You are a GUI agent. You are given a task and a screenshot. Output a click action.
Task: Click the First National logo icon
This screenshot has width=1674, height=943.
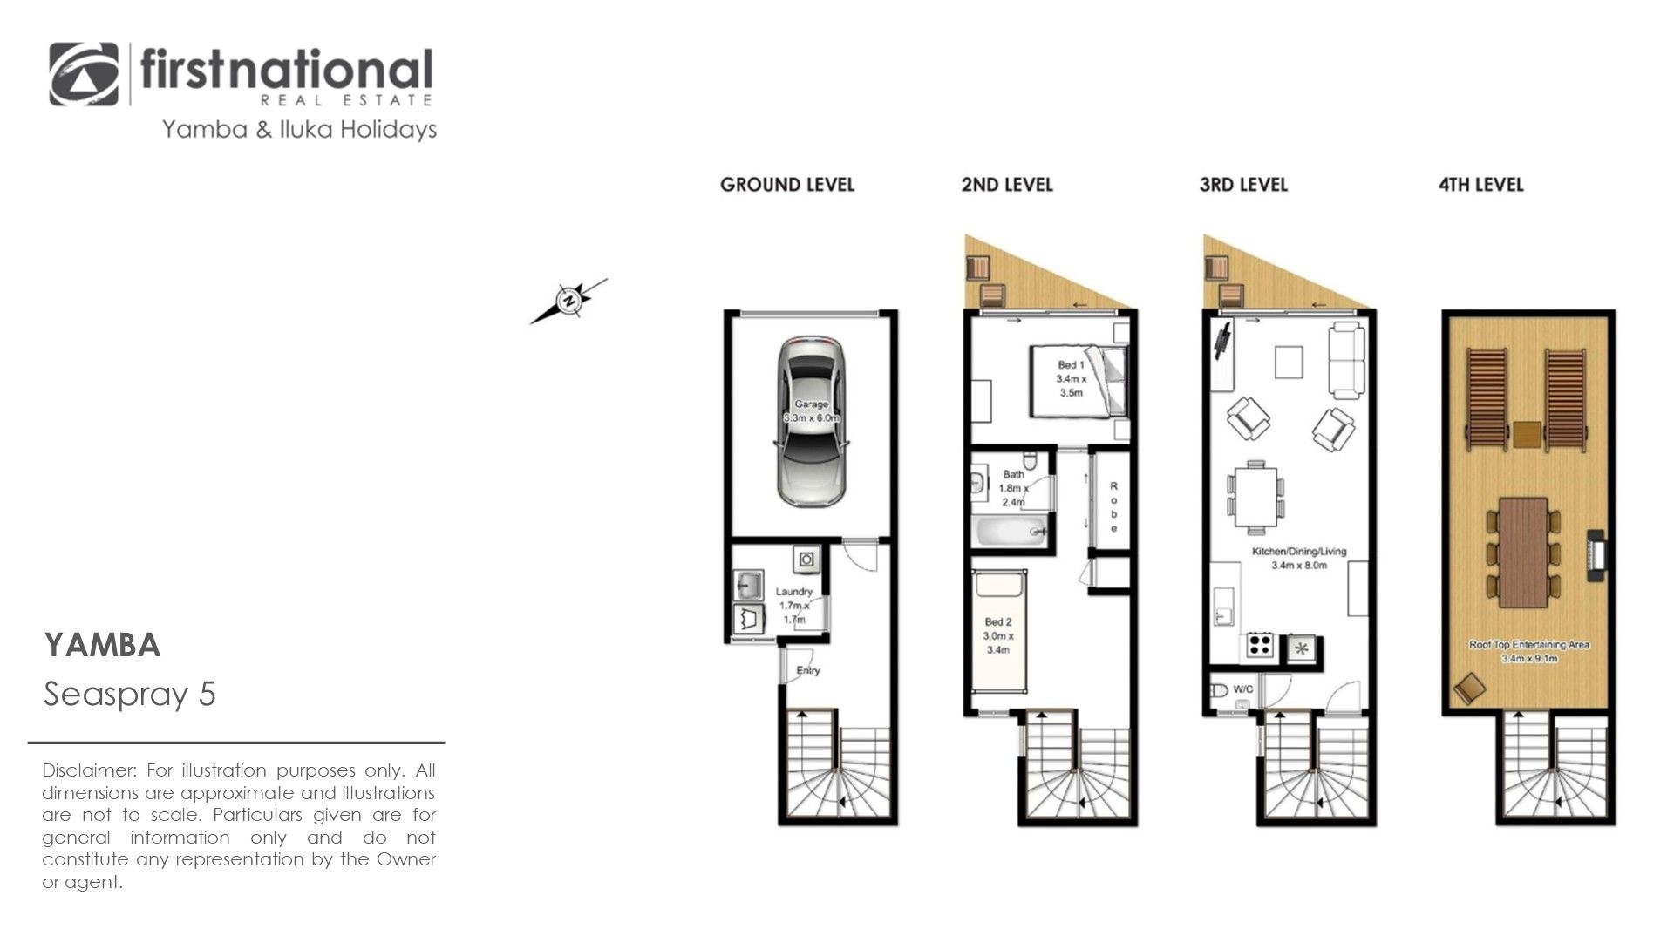(84, 74)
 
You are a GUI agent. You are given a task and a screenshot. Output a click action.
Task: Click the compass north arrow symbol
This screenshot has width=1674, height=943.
(568, 302)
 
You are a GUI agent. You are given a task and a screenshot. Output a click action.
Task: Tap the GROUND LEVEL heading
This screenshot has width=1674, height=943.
(787, 185)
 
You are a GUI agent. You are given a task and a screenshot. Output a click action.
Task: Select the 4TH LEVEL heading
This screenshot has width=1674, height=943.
(1480, 185)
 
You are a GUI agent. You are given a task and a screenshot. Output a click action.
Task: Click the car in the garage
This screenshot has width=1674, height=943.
(811, 421)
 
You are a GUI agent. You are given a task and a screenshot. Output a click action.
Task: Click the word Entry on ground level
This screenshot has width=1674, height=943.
(808, 670)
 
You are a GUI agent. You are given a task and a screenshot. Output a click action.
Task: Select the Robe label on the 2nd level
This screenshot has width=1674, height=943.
(1113, 507)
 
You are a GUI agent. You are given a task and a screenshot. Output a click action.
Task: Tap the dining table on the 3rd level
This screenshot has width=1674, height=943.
(1255, 498)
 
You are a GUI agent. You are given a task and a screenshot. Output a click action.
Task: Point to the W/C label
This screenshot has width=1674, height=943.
(1243, 689)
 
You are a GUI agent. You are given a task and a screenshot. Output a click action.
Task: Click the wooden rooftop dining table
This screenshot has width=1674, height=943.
(1523, 553)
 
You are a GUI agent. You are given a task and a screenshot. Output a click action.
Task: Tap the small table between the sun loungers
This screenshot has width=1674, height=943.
(1527, 434)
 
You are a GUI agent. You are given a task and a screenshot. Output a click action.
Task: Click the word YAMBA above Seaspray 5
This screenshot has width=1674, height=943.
(102, 646)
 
